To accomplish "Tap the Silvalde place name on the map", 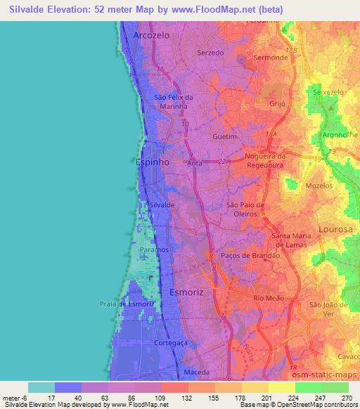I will (161, 204).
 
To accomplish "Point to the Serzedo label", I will (212, 53).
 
